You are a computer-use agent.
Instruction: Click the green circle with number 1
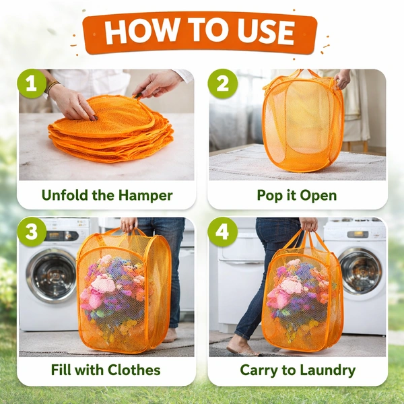point(32,83)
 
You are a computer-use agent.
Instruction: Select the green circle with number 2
point(223,83)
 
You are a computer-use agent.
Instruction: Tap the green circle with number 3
point(32,232)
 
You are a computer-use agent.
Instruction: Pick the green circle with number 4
point(223,232)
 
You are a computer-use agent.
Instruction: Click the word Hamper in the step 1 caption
point(145,196)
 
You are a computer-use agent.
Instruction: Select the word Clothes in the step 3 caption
point(134,370)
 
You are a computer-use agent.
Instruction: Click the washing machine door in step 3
point(52,275)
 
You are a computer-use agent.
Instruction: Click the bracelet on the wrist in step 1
point(53,86)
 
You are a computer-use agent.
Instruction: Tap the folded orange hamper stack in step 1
point(111,129)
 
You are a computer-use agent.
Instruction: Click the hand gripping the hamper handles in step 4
point(308,224)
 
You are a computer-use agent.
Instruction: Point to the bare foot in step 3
point(170,335)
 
